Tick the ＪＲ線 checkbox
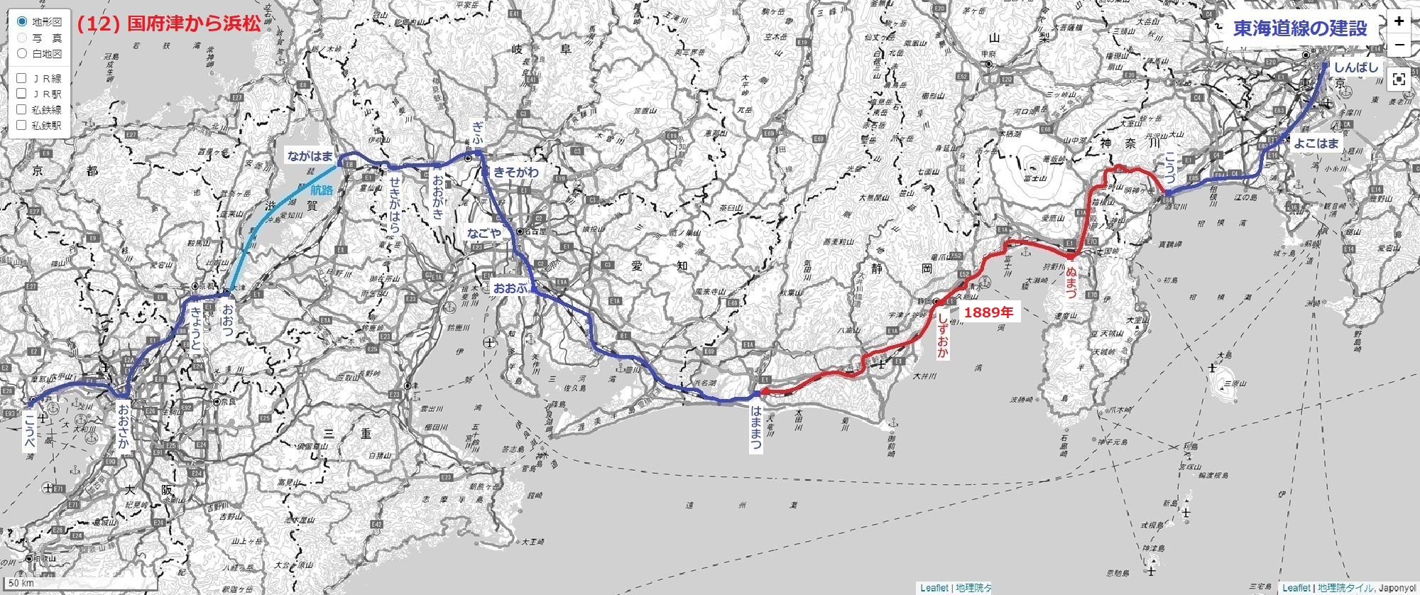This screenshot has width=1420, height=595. (21, 78)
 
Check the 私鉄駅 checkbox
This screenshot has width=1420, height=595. (21, 125)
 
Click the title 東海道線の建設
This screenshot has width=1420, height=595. (1299, 28)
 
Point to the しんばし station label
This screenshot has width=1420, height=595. (1355, 67)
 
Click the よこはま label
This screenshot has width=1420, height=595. (1316, 143)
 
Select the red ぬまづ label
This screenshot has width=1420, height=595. (1071, 282)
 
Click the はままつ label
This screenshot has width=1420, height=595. (755, 428)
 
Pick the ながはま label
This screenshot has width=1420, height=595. (310, 155)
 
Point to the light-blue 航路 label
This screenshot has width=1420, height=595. (322, 190)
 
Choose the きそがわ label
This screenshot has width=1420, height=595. (516, 173)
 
